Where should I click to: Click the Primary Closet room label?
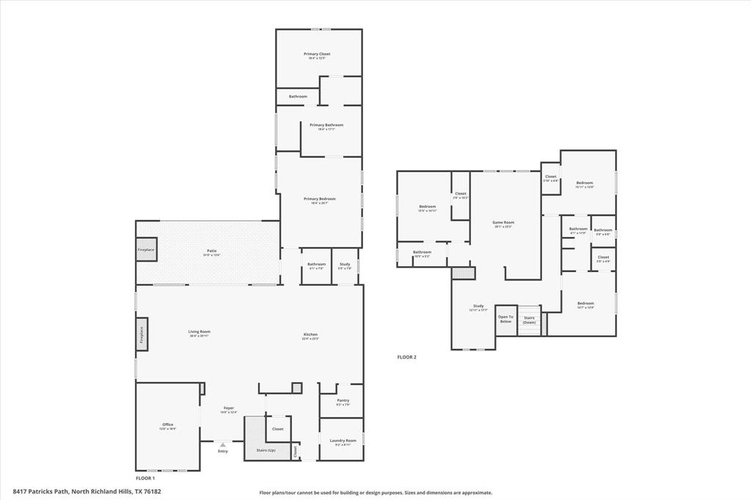(318, 54)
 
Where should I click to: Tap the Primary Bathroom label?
(326, 125)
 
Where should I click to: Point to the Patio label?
(211, 251)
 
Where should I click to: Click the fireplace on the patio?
(146, 249)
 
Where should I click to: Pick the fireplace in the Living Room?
(142, 334)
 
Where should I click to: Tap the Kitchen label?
(311, 335)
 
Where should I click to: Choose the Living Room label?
(199, 332)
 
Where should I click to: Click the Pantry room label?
(342, 401)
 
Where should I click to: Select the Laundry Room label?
(342, 441)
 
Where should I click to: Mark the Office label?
(168, 425)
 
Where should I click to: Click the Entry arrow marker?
(223, 445)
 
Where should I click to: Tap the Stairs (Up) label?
(265, 450)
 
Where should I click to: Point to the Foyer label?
(229, 408)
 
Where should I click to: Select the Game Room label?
(504, 223)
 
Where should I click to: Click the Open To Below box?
(505, 320)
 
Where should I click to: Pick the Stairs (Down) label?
(529, 320)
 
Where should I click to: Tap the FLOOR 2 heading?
(406, 357)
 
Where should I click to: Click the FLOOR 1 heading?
(145, 478)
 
